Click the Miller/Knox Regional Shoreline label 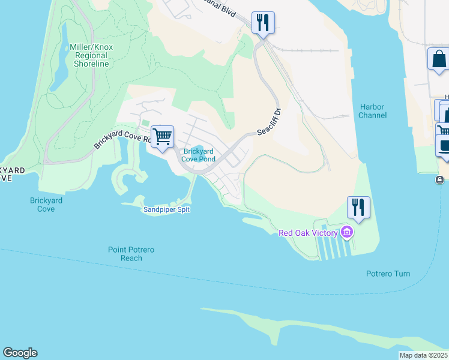pos(91,55)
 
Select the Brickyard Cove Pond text pos(199,155)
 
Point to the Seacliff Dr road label pos(270,122)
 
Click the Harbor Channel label pos(372,111)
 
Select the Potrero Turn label pos(388,274)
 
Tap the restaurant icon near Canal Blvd pos(263,23)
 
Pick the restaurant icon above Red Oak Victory pos(359,207)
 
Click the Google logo pos(20,353)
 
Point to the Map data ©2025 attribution pos(423,355)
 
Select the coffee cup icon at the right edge pos(444,146)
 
